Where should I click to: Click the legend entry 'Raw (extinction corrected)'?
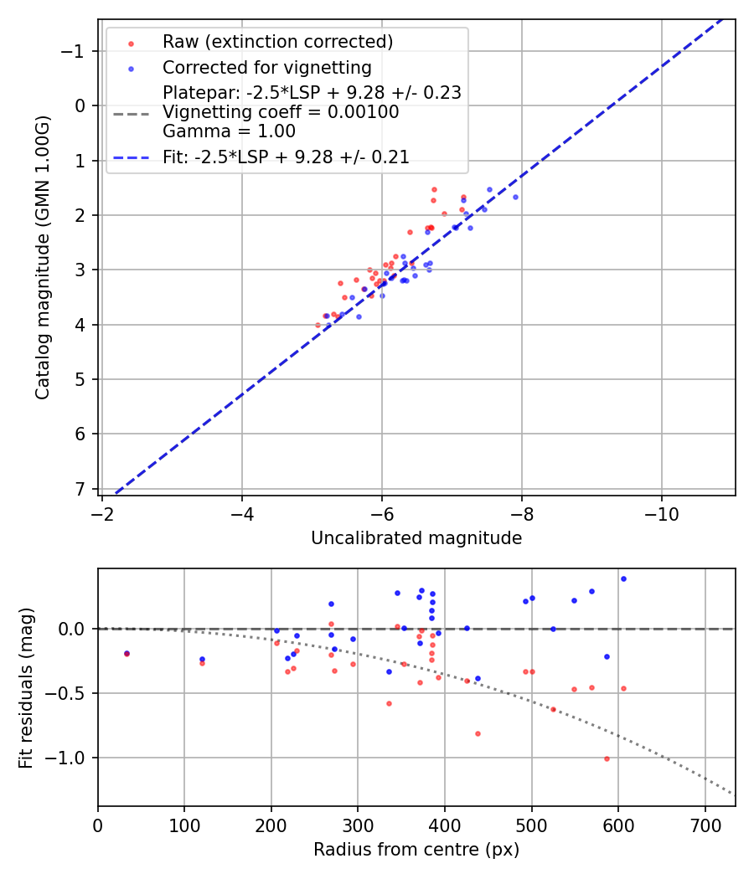click(x=277, y=42)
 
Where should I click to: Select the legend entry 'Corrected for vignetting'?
click(x=266, y=67)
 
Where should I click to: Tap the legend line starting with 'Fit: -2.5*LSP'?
click(x=286, y=157)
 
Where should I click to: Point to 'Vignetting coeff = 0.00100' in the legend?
click(x=281, y=112)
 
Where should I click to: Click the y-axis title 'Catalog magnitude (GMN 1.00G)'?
click(x=43, y=257)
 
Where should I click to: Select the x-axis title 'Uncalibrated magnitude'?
click(x=416, y=538)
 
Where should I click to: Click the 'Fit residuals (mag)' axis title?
click(x=24, y=687)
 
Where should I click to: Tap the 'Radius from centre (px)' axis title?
click(x=416, y=850)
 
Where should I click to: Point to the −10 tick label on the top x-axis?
click(x=662, y=511)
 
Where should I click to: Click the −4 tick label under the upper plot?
click(x=242, y=511)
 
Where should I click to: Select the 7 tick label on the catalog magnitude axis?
click(x=81, y=489)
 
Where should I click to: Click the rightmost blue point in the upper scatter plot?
click(x=515, y=197)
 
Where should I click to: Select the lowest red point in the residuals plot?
click(x=607, y=758)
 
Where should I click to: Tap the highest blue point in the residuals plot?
click(x=623, y=578)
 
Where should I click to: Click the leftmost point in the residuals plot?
click(x=127, y=653)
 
